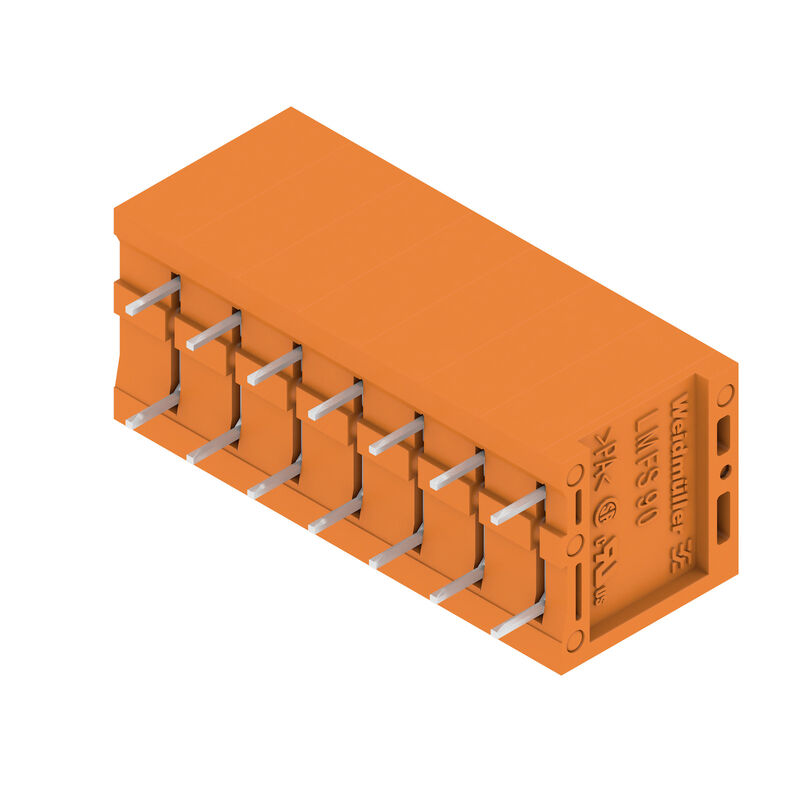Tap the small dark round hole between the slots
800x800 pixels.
tap(725, 470)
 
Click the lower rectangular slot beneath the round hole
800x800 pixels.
tap(723, 515)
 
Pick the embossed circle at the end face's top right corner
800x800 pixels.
tap(725, 394)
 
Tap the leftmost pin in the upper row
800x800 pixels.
tap(152, 297)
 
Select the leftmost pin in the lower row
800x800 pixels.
tap(152, 410)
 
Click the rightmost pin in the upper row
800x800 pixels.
tap(518, 505)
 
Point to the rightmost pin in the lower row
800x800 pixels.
tap(518, 618)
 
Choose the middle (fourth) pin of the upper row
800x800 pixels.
tap(335, 401)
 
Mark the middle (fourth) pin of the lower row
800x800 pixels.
tap(335, 514)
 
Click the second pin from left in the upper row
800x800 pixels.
tap(213, 331)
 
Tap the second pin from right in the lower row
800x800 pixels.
tap(457, 584)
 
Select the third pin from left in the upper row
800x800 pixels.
tap(274, 366)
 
